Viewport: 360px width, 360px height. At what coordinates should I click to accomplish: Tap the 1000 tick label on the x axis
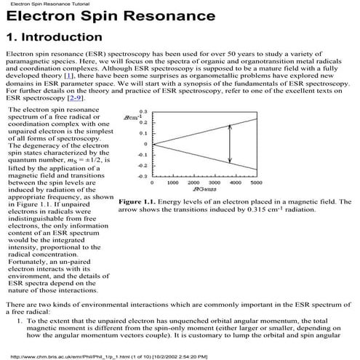click(164, 183)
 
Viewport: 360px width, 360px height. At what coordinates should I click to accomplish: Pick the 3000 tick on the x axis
click(210, 183)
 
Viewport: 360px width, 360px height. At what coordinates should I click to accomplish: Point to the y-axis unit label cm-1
click(132, 117)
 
